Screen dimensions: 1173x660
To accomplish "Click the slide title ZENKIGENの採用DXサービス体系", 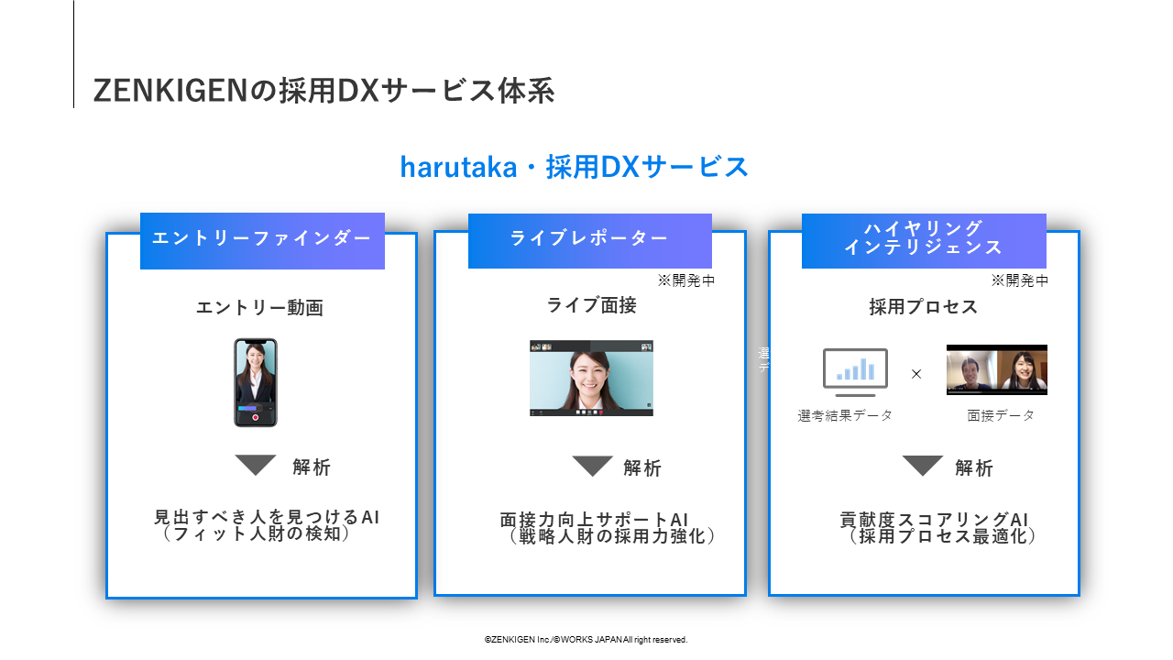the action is pyautogui.click(x=323, y=91).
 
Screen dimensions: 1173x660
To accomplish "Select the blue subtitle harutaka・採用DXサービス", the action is pyautogui.click(x=574, y=167).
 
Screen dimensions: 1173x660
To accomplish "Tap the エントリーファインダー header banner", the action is pyautogui.click(x=262, y=241).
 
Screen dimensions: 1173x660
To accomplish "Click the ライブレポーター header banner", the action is pyautogui.click(x=590, y=241).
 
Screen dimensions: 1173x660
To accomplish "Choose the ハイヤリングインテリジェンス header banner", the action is pyautogui.click(x=925, y=241).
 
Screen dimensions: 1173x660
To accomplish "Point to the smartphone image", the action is pyautogui.click(x=256, y=382).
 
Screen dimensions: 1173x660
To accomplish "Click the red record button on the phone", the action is pyautogui.click(x=256, y=417).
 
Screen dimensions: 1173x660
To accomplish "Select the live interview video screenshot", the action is pyautogui.click(x=592, y=379).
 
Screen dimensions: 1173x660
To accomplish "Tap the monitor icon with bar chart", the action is pyautogui.click(x=855, y=372).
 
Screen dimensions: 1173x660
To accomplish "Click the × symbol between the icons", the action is pyautogui.click(x=916, y=374).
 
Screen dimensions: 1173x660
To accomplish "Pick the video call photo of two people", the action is pyautogui.click(x=997, y=369).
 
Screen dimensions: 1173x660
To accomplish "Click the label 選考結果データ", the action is pyautogui.click(x=845, y=416).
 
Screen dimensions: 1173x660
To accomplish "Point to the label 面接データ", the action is pyautogui.click(x=1001, y=416).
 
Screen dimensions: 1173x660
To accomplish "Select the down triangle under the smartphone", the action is pyautogui.click(x=256, y=464).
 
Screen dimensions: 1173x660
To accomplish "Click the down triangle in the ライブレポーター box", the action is pyautogui.click(x=592, y=466).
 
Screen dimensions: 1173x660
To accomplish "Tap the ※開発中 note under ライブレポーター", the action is pyautogui.click(x=686, y=280).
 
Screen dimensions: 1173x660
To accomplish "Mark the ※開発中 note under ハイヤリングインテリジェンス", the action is pyautogui.click(x=1020, y=280).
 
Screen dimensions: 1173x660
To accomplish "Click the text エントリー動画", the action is pyautogui.click(x=259, y=307).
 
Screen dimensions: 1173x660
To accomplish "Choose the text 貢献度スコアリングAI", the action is pyautogui.click(x=934, y=520).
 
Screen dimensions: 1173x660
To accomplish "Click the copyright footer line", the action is pyautogui.click(x=586, y=640).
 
